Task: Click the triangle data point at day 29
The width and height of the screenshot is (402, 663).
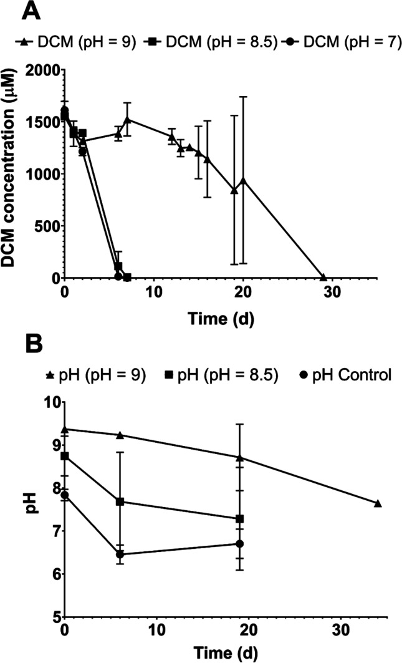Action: click(x=323, y=277)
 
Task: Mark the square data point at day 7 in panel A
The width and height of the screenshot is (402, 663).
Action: click(x=127, y=277)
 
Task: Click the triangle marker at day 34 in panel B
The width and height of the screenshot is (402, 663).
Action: click(x=378, y=503)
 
